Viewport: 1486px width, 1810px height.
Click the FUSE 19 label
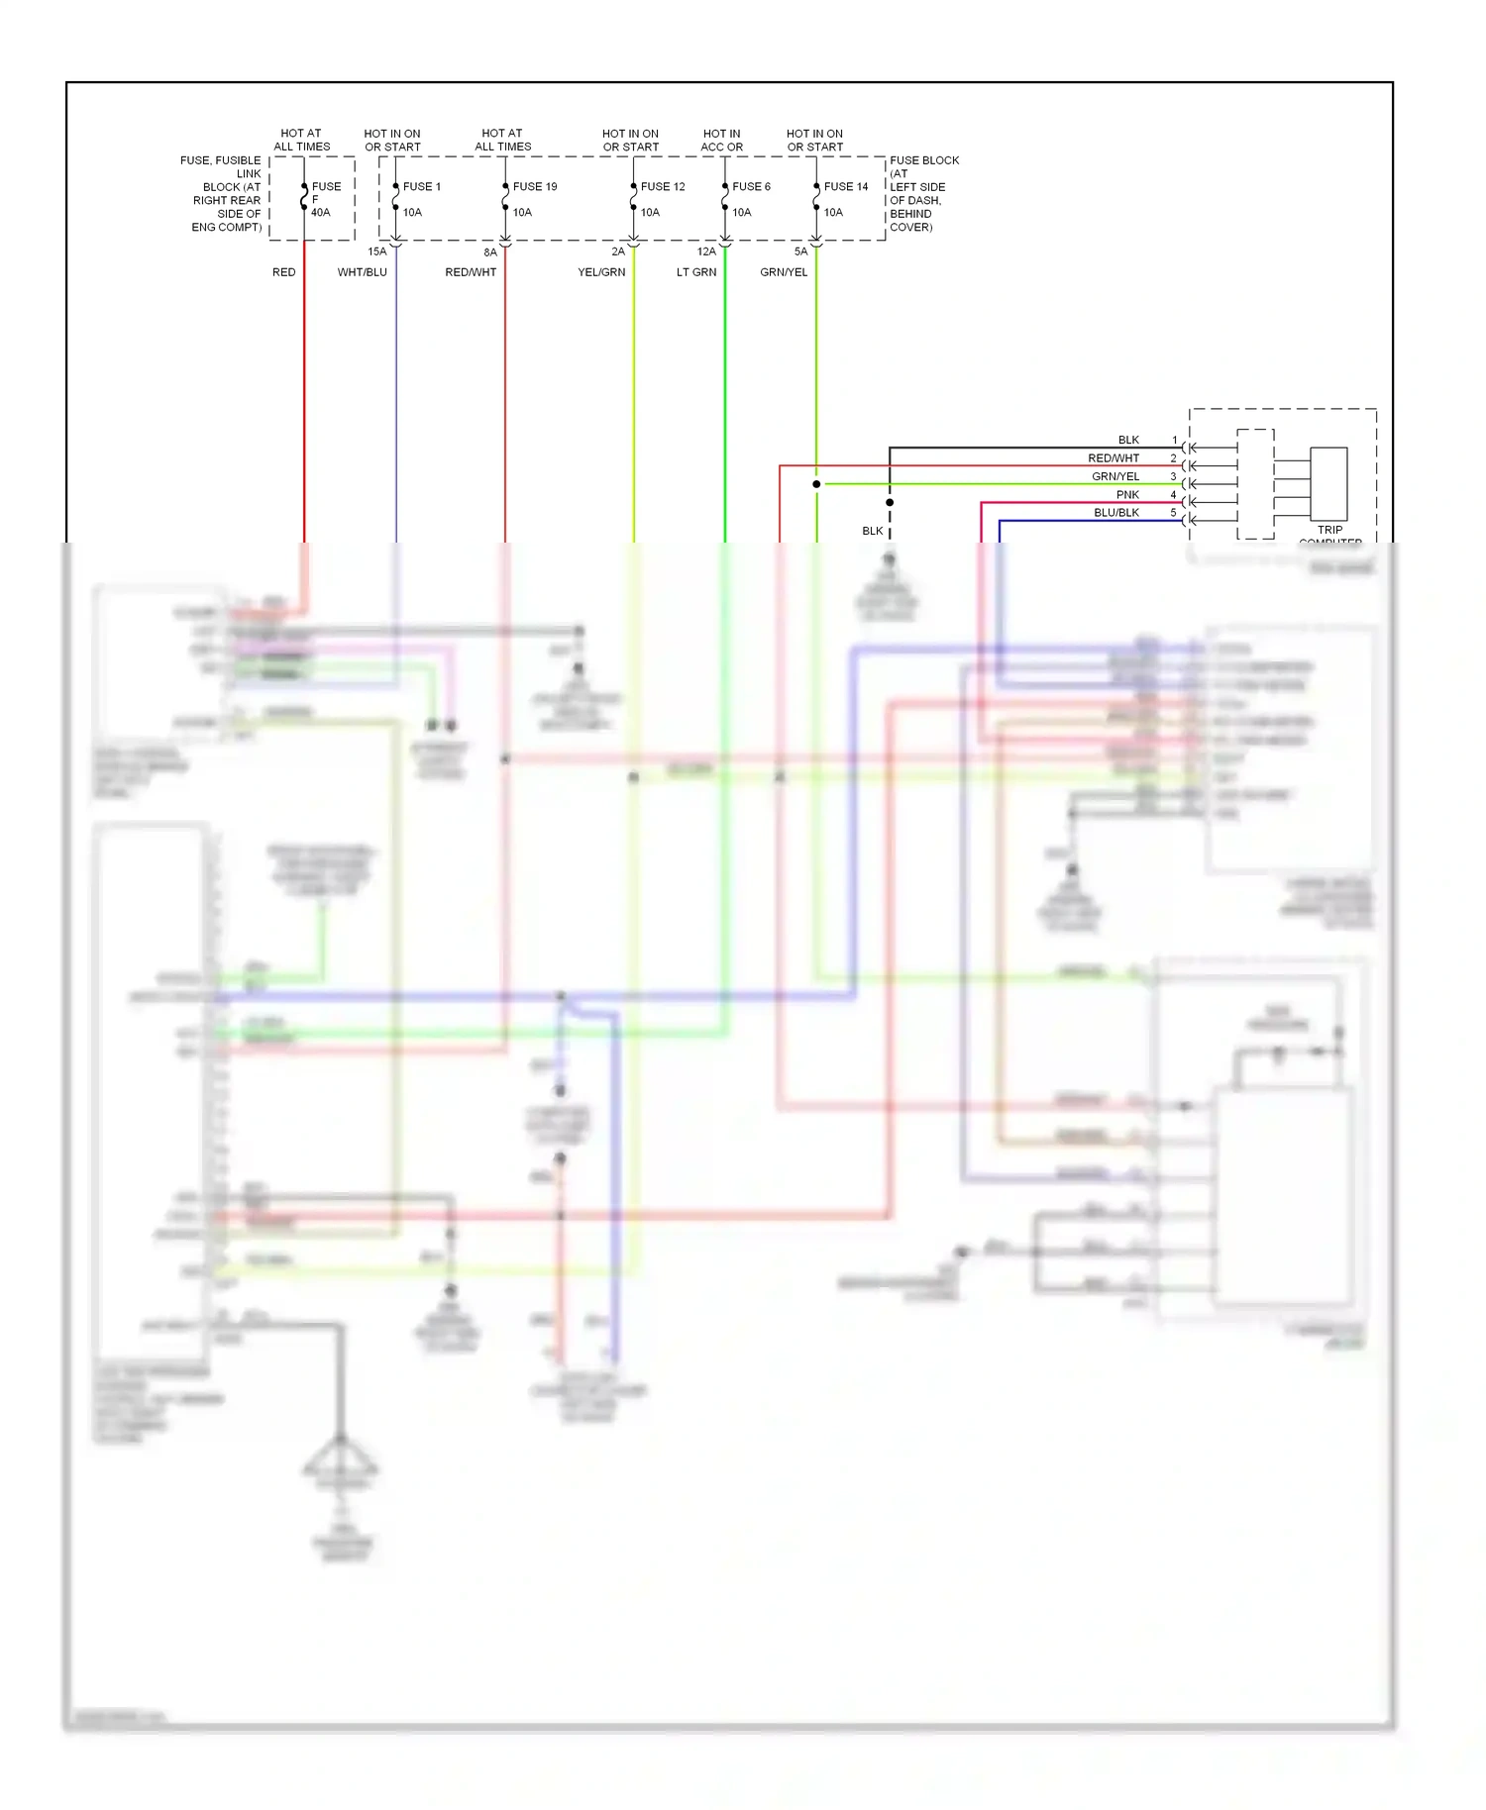tap(534, 186)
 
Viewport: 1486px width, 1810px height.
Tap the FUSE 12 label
tap(662, 186)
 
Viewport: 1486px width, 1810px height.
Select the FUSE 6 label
tap(751, 186)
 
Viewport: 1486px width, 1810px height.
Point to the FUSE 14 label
tap(845, 186)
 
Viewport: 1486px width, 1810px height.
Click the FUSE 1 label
tap(421, 186)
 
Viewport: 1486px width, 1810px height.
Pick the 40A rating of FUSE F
tap(320, 212)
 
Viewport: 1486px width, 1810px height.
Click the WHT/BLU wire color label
tap(362, 272)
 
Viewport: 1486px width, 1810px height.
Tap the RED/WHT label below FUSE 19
tap(471, 272)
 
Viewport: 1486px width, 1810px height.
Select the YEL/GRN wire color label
tap(601, 272)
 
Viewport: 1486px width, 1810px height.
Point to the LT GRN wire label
tap(695, 272)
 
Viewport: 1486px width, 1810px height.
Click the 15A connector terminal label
tap(377, 251)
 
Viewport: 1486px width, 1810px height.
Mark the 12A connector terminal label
tap(706, 251)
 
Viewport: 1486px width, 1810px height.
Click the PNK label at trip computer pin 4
tap(1127, 494)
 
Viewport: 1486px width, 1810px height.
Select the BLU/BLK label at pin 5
tap(1116, 513)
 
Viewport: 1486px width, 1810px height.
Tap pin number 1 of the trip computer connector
tap(1175, 440)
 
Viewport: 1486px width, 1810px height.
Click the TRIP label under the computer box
tap(1329, 530)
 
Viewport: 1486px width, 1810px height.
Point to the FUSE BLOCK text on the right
tap(923, 160)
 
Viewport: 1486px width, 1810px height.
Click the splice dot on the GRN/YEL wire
tap(816, 484)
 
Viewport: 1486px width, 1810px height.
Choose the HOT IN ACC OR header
tap(721, 140)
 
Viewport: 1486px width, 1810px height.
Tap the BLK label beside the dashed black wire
tap(872, 531)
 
